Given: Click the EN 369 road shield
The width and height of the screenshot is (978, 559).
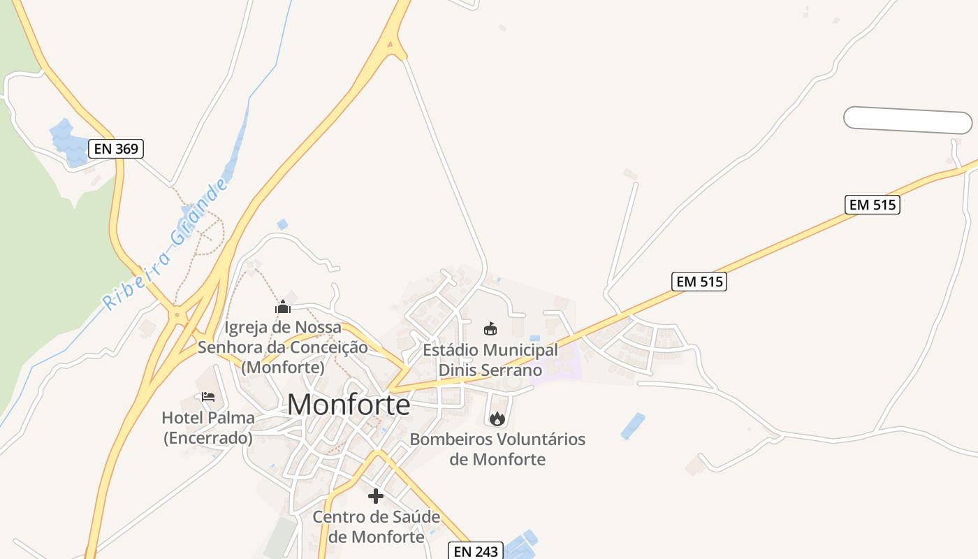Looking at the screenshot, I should click(116, 148).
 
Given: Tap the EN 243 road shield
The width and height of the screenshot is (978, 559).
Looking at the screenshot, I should click(475, 551).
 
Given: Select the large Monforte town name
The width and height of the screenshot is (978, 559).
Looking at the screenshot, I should click(349, 405).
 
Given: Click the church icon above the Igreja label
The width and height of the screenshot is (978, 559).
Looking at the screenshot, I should click(283, 307).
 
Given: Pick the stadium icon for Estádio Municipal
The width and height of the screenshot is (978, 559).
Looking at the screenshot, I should click(490, 328).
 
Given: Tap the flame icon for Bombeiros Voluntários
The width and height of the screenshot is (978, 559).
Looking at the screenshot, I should click(497, 419).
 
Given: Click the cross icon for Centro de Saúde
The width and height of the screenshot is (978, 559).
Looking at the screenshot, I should click(376, 496).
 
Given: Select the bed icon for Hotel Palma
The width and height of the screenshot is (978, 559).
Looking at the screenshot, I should click(207, 397).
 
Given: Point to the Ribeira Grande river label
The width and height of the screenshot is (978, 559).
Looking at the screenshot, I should click(166, 245).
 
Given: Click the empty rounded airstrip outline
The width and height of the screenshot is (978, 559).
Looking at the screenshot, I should click(907, 120).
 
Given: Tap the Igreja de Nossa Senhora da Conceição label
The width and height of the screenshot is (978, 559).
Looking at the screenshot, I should click(283, 347).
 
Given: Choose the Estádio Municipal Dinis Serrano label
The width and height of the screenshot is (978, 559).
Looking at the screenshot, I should click(490, 360).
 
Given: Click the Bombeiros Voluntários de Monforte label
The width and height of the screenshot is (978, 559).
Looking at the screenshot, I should click(497, 449).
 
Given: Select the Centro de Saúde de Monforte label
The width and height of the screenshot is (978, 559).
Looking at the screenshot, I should click(377, 527).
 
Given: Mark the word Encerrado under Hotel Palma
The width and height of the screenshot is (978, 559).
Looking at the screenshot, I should click(207, 438).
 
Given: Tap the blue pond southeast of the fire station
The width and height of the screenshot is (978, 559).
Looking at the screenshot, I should click(633, 426).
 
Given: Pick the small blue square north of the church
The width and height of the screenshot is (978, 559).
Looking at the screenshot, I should click(282, 224).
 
